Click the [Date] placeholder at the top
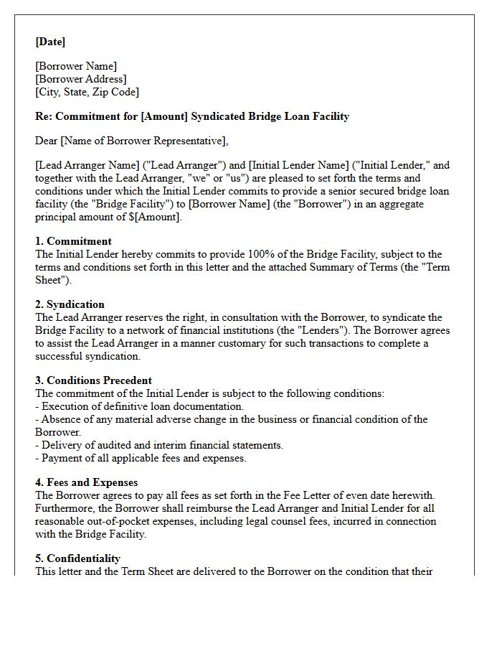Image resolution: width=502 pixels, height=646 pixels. pyautogui.click(x=50, y=42)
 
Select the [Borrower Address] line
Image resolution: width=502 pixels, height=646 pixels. pyautogui.click(x=81, y=79)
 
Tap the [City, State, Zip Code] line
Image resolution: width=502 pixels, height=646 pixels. pyautogui.click(x=87, y=92)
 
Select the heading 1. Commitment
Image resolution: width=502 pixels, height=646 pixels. pyautogui.click(x=73, y=241)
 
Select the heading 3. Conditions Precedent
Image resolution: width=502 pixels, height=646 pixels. pyautogui.click(x=93, y=380)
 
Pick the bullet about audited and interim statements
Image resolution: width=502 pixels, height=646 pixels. pyautogui.click(x=159, y=445)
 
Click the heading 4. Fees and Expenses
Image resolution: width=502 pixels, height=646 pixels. pyautogui.click(x=86, y=482)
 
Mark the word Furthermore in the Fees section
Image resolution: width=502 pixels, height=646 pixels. pyautogui.click(x=64, y=508)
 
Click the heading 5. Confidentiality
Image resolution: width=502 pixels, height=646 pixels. pyautogui.click(x=77, y=558)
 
